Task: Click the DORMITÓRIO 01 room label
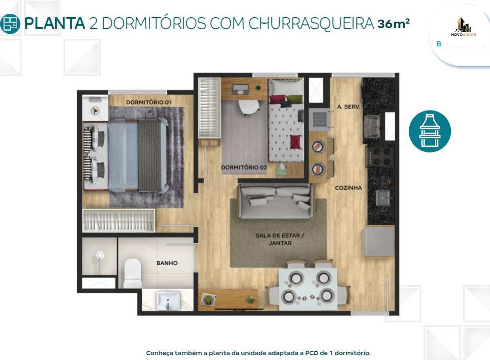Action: (x=149, y=102)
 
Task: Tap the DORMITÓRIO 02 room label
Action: (x=244, y=167)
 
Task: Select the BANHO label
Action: (x=167, y=263)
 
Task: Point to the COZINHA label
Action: (x=348, y=188)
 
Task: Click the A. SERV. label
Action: (x=348, y=107)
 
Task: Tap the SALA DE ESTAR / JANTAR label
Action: (x=280, y=239)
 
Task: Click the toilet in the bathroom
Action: (x=133, y=273)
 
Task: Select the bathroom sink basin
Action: (x=168, y=300)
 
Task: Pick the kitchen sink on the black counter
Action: (x=383, y=198)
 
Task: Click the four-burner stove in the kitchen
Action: (x=381, y=156)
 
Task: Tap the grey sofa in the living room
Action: (x=276, y=201)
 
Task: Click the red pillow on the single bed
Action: (x=295, y=142)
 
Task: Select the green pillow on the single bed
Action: (x=295, y=99)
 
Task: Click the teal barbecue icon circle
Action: (x=430, y=131)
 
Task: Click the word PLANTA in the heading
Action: (x=55, y=23)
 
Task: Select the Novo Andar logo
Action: (x=463, y=27)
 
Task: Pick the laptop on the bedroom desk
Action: (x=241, y=89)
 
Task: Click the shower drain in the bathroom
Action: (x=100, y=255)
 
